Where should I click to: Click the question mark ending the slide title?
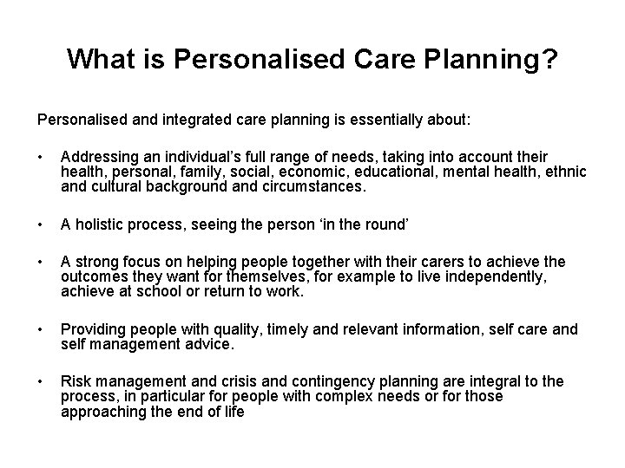(x=549, y=59)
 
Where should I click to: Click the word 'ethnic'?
(x=563, y=172)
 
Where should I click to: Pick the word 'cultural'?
(x=115, y=185)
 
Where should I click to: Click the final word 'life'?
(x=233, y=411)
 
